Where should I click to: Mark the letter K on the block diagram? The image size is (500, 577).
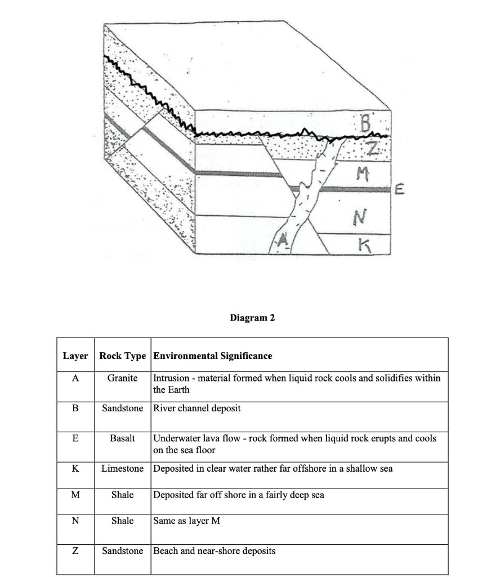364,244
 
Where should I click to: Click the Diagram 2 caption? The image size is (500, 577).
252,318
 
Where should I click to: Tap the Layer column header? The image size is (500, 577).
75,356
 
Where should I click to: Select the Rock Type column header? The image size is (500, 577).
122,356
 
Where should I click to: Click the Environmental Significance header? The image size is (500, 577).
213,356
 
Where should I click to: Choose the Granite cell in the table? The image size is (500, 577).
122,378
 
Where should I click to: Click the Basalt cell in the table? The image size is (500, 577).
122,438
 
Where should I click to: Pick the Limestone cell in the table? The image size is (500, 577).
122,469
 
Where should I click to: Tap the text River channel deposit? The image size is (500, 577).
197,408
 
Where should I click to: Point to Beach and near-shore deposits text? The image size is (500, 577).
214,551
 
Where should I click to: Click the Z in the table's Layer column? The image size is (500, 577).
75,551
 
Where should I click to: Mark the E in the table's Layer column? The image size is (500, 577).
75,438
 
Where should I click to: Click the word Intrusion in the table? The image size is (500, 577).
171,378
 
